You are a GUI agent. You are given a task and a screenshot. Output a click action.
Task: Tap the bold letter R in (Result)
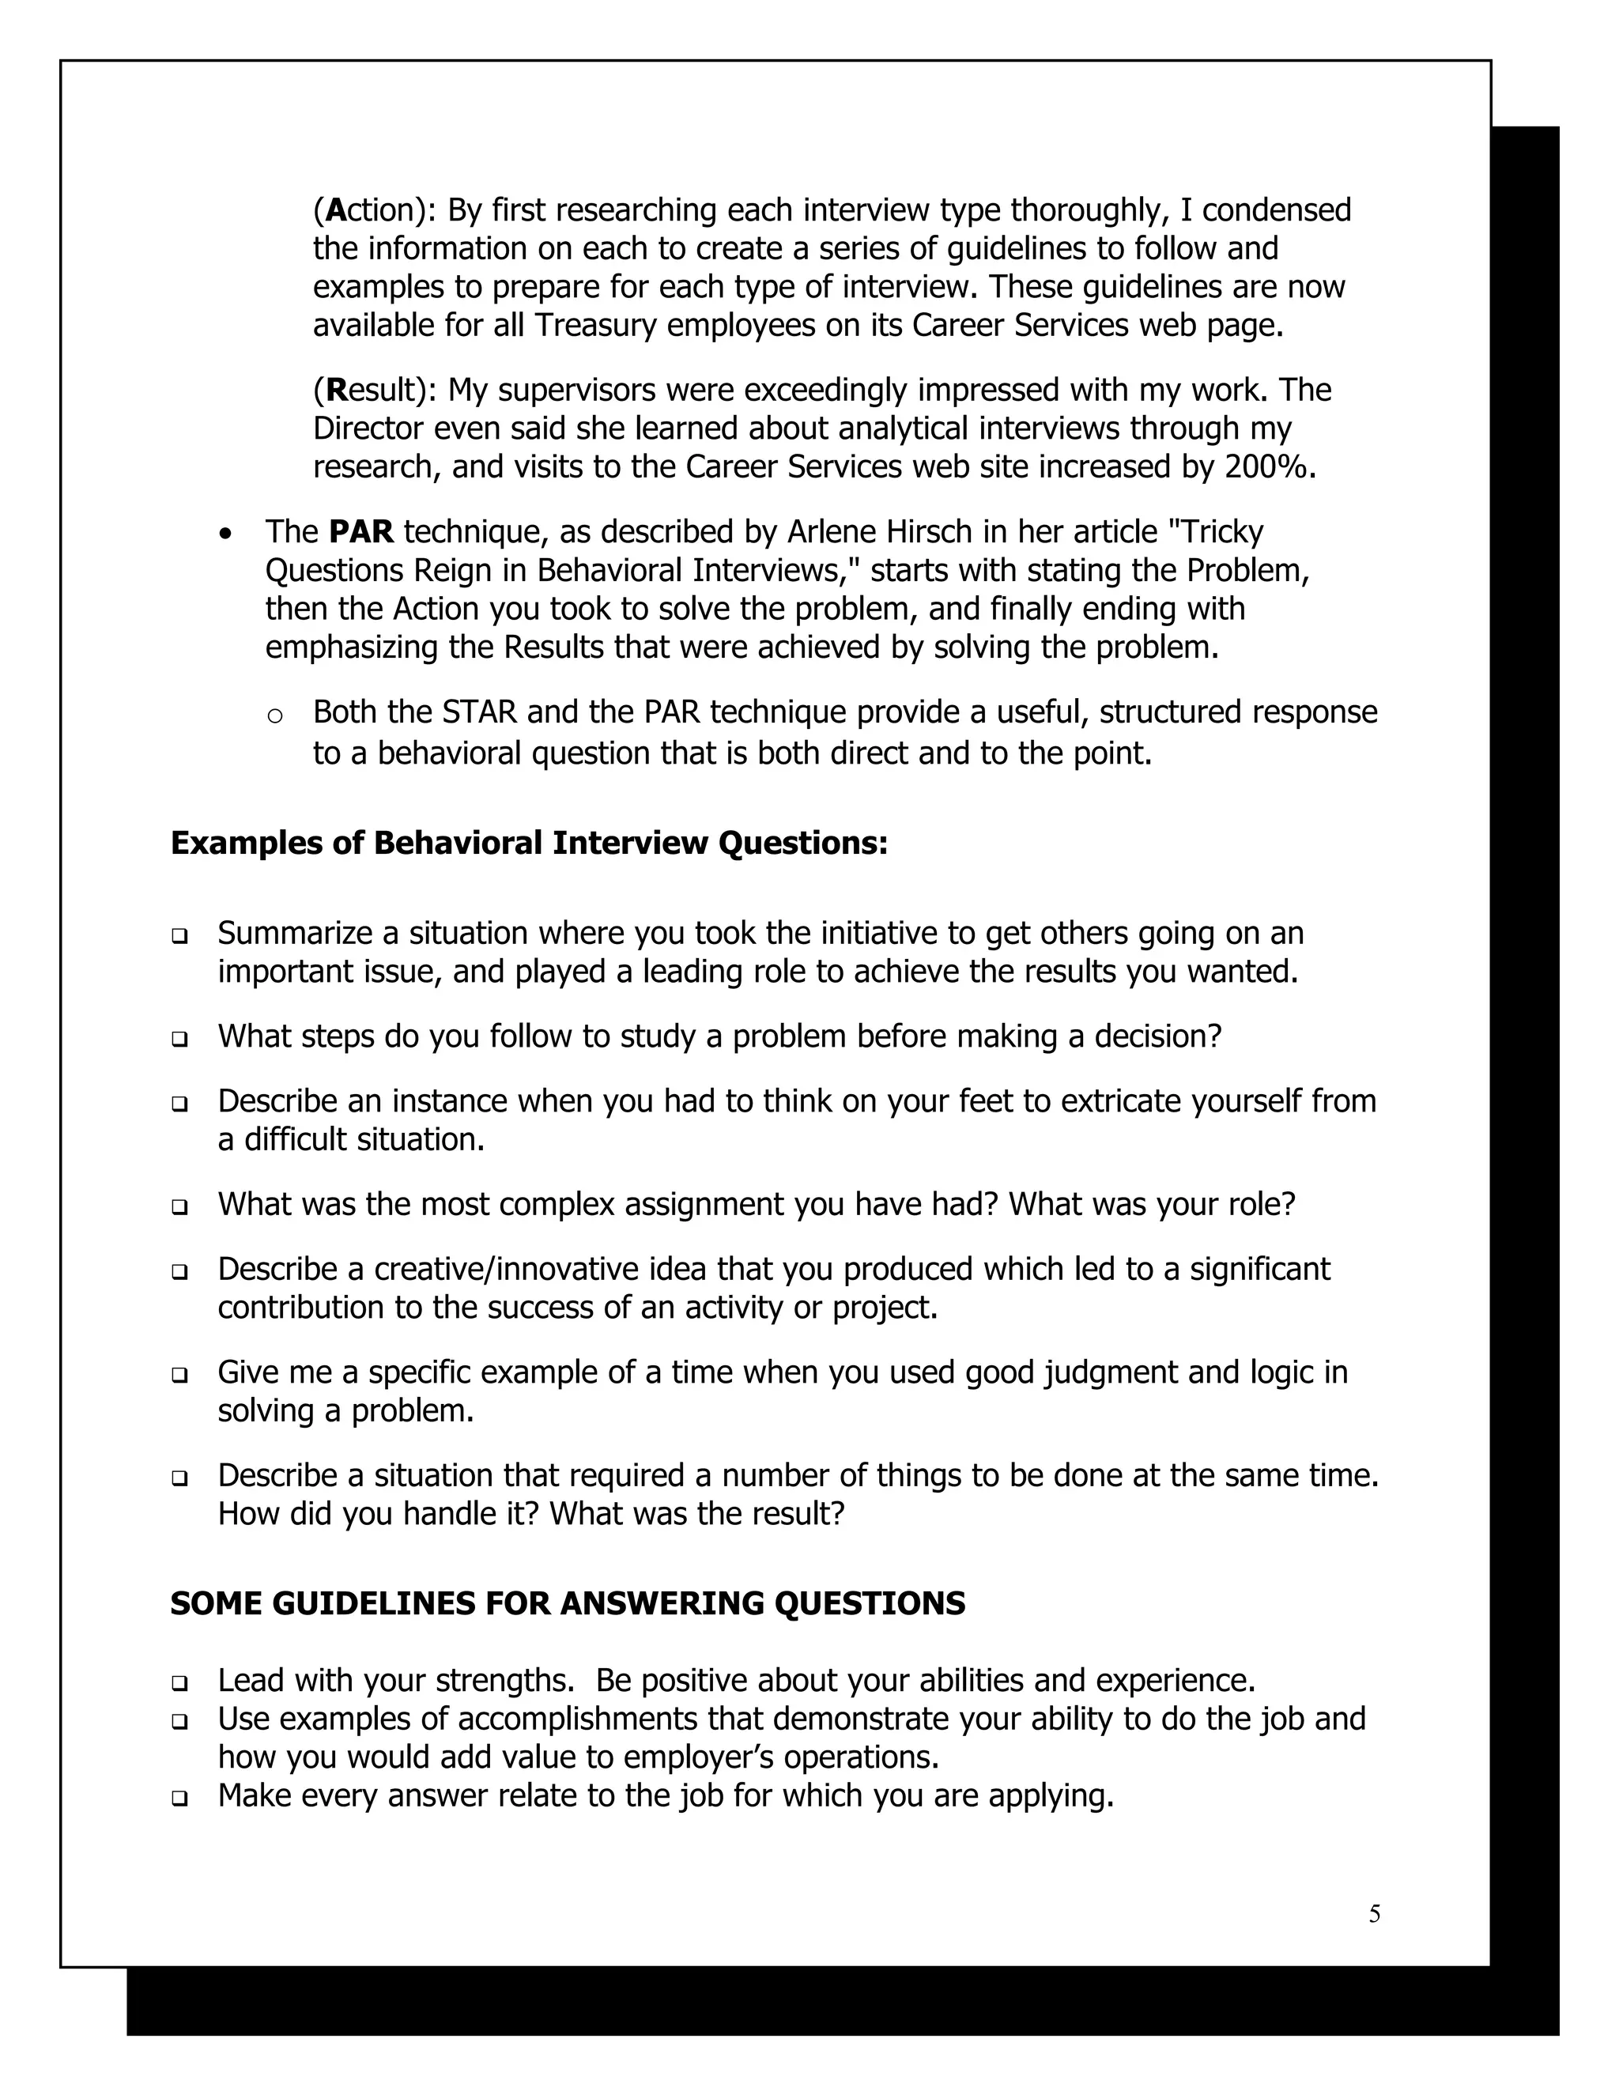click(x=336, y=391)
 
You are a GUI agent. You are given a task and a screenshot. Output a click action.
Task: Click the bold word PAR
click(x=361, y=531)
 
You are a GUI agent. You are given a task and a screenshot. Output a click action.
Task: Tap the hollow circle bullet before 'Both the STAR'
click(x=274, y=715)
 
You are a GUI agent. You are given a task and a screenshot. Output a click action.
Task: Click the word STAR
click(x=480, y=713)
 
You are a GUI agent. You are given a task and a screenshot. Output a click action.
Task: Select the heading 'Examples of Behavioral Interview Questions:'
click(x=529, y=844)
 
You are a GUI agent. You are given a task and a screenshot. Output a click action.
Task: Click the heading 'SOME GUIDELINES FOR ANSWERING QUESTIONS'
click(x=567, y=1603)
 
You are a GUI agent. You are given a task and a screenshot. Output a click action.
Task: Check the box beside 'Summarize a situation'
click(x=179, y=935)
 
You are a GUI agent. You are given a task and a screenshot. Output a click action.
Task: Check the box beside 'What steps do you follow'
click(x=179, y=1039)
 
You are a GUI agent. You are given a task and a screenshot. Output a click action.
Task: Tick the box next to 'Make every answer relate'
click(x=179, y=1798)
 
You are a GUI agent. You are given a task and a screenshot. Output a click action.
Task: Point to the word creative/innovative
click(x=525, y=1269)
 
